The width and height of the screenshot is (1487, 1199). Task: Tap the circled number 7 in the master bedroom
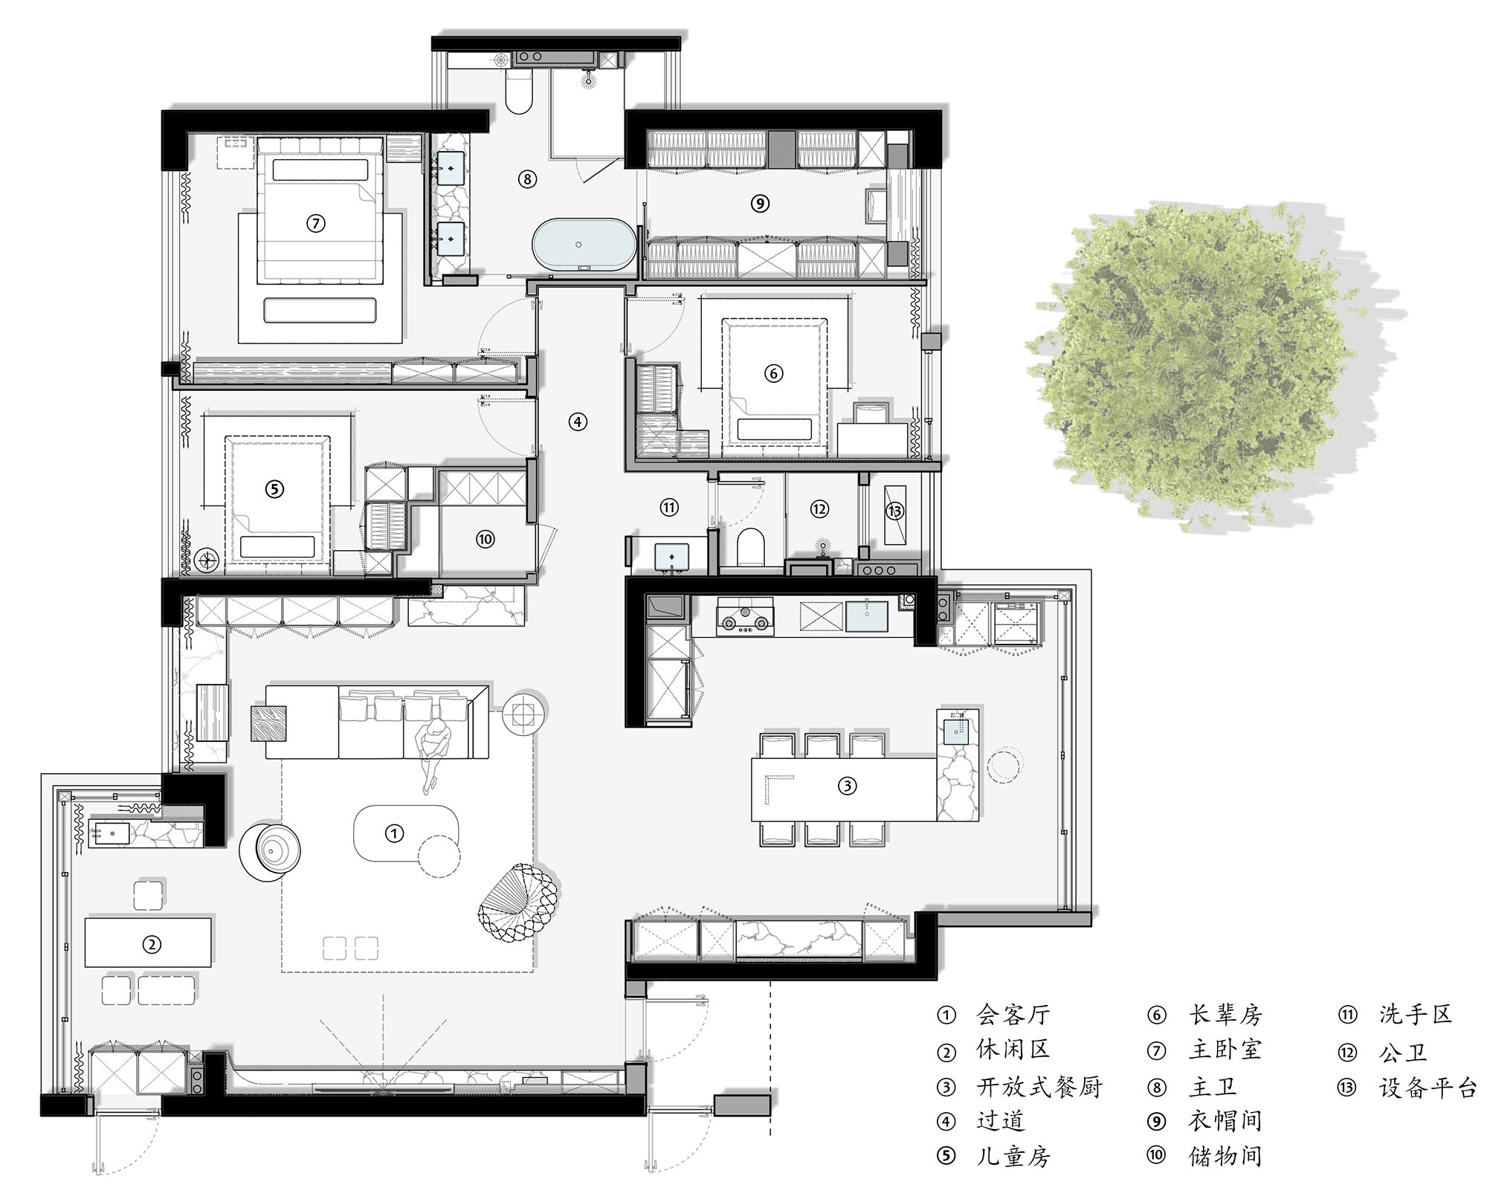click(316, 223)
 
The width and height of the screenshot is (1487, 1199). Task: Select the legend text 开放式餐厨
click(1039, 1087)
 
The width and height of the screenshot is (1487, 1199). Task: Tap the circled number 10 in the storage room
click(486, 539)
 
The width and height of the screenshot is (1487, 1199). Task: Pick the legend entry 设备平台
click(1427, 1087)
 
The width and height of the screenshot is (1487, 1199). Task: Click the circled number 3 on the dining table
click(848, 786)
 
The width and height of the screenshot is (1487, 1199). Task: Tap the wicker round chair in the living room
click(516, 906)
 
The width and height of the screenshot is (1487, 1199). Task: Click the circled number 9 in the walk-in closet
click(760, 203)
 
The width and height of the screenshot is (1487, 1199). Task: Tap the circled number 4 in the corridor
click(578, 422)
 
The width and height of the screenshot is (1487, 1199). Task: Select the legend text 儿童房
click(1013, 1156)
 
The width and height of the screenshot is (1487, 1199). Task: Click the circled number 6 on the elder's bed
click(773, 373)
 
